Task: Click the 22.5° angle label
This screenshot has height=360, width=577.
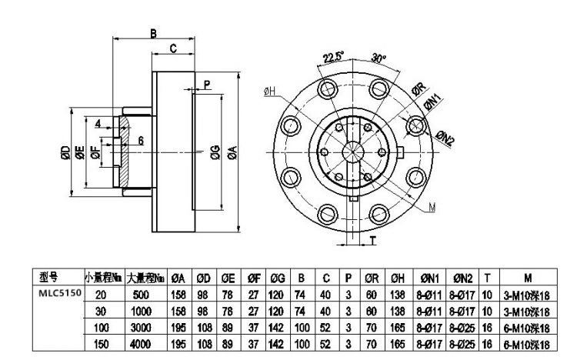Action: click(332, 56)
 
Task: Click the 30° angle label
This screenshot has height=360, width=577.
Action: click(377, 57)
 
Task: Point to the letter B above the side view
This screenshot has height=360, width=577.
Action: click(153, 33)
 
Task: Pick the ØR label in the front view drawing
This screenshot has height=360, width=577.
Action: click(420, 87)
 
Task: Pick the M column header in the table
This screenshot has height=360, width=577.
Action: click(527, 278)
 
